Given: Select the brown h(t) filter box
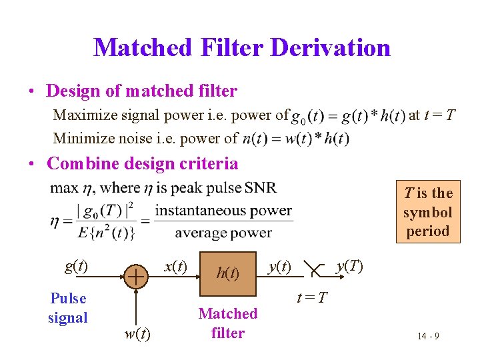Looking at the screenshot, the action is click(228, 273).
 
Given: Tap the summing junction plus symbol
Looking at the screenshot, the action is click(136, 275).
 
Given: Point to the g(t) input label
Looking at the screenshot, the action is click(76, 267).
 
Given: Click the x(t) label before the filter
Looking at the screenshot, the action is click(175, 267).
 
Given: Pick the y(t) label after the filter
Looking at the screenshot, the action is click(279, 267).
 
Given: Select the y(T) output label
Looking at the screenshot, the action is click(349, 267).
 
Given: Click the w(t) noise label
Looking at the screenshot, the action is click(137, 333).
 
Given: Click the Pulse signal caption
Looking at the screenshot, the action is click(68, 307).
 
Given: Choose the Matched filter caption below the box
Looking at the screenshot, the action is click(228, 323).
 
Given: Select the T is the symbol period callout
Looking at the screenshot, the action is click(427, 212).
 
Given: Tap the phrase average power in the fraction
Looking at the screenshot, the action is click(223, 233).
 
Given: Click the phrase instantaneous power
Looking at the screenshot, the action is click(223, 211).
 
